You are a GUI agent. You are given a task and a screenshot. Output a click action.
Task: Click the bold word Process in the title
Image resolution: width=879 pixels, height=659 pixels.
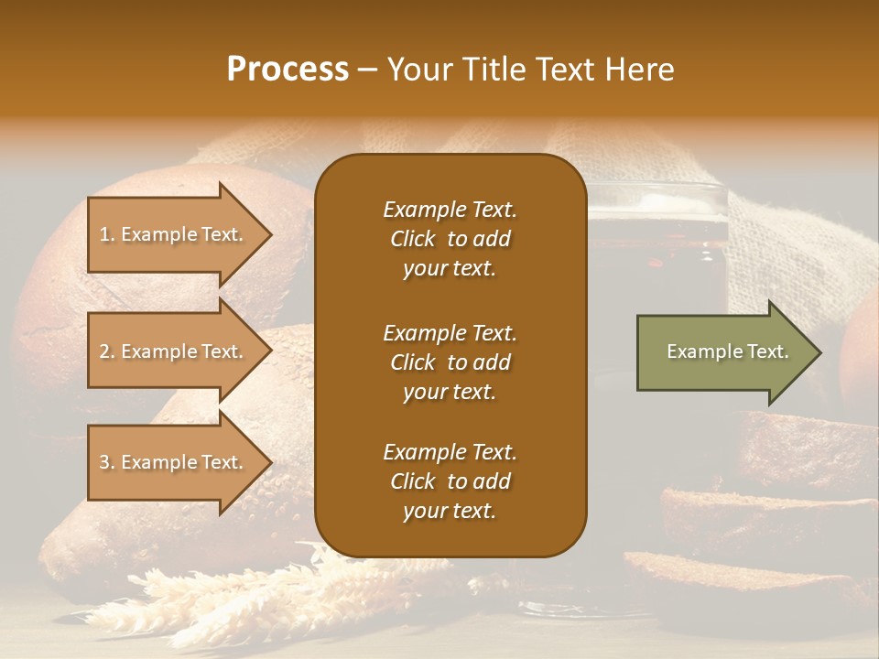pyautogui.click(x=288, y=70)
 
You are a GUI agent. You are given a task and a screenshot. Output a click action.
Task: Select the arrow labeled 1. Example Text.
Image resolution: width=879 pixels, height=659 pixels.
pyautogui.click(x=174, y=234)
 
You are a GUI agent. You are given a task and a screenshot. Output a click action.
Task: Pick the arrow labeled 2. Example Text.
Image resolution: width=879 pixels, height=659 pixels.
pyautogui.click(x=174, y=351)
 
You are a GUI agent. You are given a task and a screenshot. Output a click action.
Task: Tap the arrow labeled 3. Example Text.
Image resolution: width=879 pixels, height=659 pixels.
pyautogui.click(x=174, y=462)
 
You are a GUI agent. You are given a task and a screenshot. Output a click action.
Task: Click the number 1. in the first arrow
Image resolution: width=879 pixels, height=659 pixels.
pyautogui.click(x=107, y=235)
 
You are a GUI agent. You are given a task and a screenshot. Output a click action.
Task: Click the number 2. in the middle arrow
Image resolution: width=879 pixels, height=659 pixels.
pyautogui.click(x=107, y=351)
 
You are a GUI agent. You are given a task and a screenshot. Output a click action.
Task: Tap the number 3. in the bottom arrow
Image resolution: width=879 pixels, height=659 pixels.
pyautogui.click(x=107, y=462)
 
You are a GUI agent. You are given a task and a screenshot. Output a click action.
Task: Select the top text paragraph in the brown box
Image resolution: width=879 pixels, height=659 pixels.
pyautogui.click(x=450, y=239)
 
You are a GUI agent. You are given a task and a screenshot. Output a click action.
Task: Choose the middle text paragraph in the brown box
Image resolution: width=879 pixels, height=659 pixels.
pyautogui.click(x=450, y=362)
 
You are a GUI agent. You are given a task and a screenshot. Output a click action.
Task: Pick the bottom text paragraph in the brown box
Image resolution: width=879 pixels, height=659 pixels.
pyautogui.click(x=450, y=481)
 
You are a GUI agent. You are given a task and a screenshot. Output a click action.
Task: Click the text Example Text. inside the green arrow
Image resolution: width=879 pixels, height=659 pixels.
pyautogui.click(x=727, y=351)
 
